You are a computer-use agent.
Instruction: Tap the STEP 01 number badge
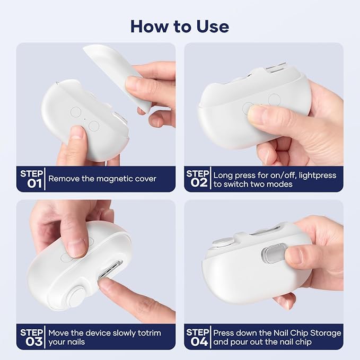click(31, 179)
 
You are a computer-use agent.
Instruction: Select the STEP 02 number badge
click(198, 179)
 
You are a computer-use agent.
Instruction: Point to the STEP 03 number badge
click(31, 337)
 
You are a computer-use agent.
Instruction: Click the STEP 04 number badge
click(198, 337)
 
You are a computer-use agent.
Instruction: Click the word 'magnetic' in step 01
click(107, 179)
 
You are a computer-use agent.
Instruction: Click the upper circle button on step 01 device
click(76, 112)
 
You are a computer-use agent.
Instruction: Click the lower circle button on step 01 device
click(94, 126)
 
